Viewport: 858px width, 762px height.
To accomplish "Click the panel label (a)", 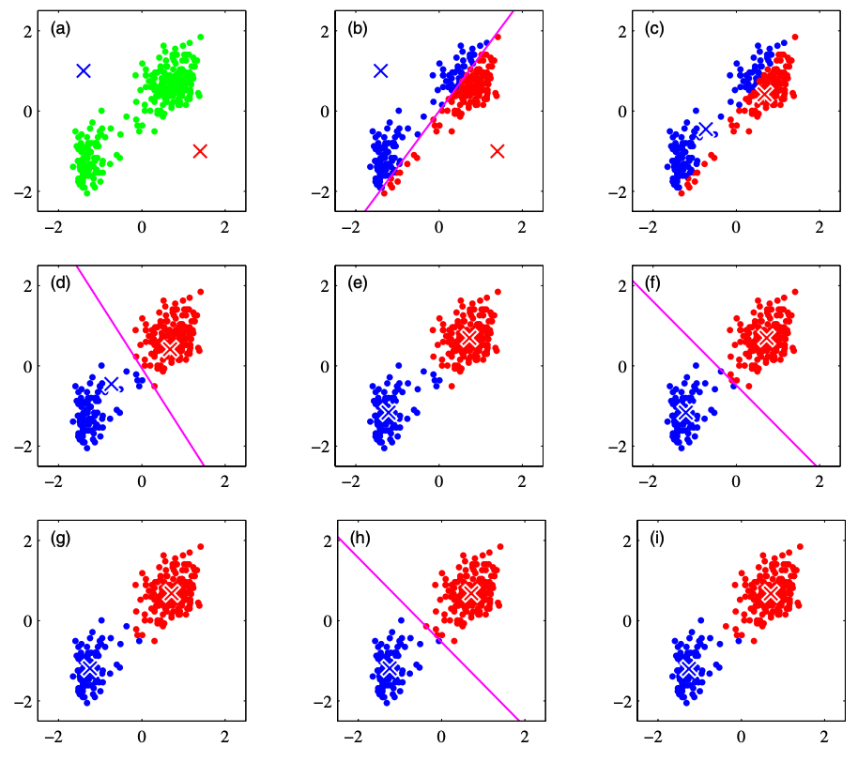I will point(61,29).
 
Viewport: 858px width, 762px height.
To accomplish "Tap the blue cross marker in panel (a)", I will point(84,70).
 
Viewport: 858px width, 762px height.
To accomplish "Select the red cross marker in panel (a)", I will point(199,151).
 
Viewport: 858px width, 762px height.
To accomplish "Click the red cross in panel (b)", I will point(497,151).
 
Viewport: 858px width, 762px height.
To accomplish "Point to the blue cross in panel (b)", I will point(381,70).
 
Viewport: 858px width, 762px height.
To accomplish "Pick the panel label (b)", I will point(358,29).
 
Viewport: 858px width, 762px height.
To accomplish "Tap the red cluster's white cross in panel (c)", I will point(765,94).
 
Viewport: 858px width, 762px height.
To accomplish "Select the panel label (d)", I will point(61,284).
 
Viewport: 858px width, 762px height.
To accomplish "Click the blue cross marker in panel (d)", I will point(112,384).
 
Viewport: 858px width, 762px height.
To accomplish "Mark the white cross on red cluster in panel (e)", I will point(469,336).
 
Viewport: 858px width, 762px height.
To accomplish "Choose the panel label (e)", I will point(358,284).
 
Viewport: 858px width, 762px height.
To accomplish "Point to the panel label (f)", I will point(654,284).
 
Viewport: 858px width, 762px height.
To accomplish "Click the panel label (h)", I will point(358,540).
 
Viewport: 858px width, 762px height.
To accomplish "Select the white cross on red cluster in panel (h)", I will point(470,592).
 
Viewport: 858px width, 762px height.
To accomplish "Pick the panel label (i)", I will point(654,540).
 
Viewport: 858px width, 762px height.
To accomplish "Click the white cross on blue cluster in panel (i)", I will point(687,667).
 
